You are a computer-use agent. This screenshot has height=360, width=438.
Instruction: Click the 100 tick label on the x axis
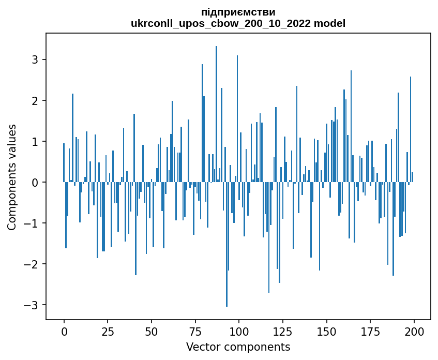click(x=239, y=331)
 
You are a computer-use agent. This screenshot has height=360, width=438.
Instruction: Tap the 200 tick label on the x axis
click(x=414, y=331)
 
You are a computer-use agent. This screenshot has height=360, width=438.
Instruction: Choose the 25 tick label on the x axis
click(x=108, y=331)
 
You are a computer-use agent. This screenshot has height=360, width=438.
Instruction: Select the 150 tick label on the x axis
click(x=326, y=331)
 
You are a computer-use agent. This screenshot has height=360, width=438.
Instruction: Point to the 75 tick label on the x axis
click(x=195, y=331)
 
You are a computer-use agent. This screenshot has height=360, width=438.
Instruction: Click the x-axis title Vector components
click(x=238, y=346)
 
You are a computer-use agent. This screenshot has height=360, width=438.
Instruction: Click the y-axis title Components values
click(x=12, y=177)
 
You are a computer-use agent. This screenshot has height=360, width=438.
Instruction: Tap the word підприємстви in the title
click(x=238, y=12)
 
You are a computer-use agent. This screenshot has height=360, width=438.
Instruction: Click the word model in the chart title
click(x=331, y=23)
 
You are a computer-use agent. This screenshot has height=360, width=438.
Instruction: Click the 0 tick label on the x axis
click(x=64, y=331)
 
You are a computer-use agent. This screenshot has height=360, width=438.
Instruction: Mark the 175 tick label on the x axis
click(x=370, y=331)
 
